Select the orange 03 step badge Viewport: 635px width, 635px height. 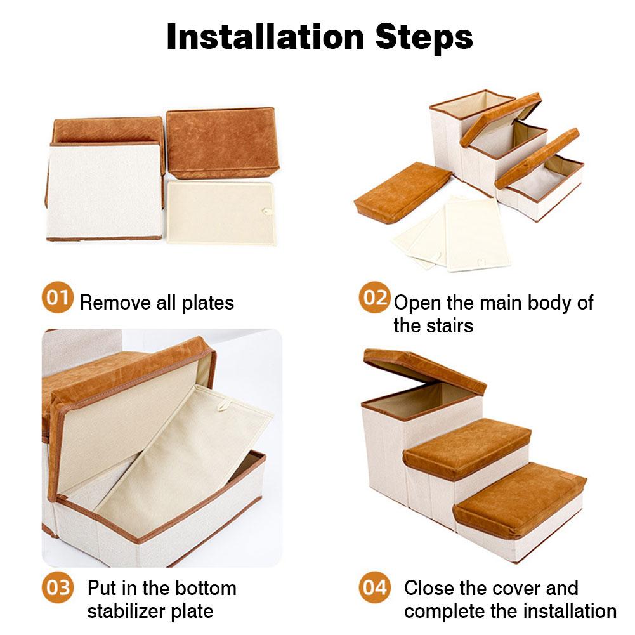coord(58,587)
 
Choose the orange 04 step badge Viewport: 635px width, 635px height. coord(374,587)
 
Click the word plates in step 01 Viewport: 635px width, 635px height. coord(207,303)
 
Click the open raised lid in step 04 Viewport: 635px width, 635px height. coord(424,370)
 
